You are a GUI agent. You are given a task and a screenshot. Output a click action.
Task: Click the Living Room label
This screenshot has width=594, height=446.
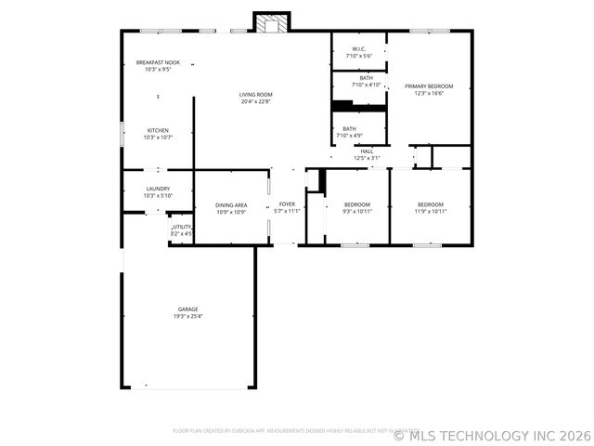click(x=256, y=94)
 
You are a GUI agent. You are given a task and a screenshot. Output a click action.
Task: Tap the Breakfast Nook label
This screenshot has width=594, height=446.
click(x=158, y=62)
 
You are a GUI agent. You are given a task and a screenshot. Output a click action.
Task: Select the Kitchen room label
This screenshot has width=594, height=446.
click(x=158, y=129)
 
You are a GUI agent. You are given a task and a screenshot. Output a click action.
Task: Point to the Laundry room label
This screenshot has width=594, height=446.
click(x=158, y=189)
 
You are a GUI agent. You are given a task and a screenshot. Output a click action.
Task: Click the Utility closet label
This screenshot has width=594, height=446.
click(x=182, y=227)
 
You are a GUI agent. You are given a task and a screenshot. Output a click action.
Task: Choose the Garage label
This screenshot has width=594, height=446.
click(x=188, y=309)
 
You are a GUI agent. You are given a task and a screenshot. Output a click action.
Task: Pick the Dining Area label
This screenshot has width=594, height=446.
click(x=231, y=204)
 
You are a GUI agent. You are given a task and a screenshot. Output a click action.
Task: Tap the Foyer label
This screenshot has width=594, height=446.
click(x=288, y=204)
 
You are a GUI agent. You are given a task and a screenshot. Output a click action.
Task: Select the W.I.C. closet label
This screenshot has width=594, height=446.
click(x=358, y=49)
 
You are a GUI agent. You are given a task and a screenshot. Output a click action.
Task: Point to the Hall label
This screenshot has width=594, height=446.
click(x=367, y=151)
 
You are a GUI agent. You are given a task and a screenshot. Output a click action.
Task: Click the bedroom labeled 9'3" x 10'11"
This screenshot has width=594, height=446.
click(x=357, y=204)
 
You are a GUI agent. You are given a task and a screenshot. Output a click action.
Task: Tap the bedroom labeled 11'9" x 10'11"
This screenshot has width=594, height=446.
click(x=430, y=204)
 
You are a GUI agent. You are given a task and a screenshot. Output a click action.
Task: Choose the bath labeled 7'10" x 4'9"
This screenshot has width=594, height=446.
click(x=349, y=129)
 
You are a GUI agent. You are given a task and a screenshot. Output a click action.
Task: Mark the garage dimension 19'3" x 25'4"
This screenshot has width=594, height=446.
click(x=188, y=317)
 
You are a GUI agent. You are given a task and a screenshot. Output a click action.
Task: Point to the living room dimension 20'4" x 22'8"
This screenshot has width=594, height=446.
click(x=256, y=101)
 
